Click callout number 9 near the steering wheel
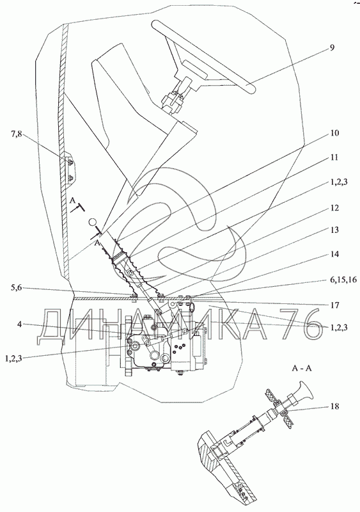click(x=331, y=47)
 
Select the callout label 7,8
click(x=17, y=134)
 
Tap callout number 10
click(x=334, y=133)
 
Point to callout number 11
click(x=334, y=157)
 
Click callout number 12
click(x=334, y=208)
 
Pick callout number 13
click(x=334, y=230)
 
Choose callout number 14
click(x=334, y=254)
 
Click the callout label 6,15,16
click(x=343, y=280)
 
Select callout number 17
click(x=334, y=305)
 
